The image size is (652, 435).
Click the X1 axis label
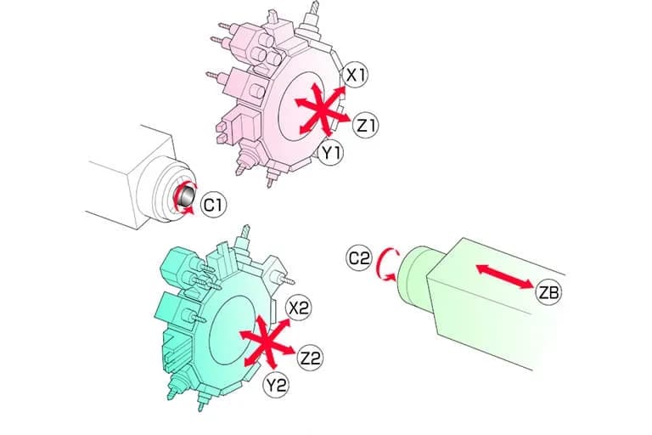pyautogui.click(x=356, y=76)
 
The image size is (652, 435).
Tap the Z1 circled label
pyautogui.click(x=367, y=125)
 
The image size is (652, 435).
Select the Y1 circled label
pyautogui.click(x=331, y=153)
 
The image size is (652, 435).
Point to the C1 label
pyautogui.click(x=213, y=205)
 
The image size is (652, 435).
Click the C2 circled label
pyautogui.click(x=358, y=258)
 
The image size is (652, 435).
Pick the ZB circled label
pyautogui.click(x=548, y=292)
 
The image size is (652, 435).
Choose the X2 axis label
pyautogui.click(x=300, y=308)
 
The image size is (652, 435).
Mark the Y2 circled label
pyautogui.click(x=276, y=385)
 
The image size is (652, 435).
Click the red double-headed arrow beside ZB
pyautogui.click(x=505, y=276)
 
